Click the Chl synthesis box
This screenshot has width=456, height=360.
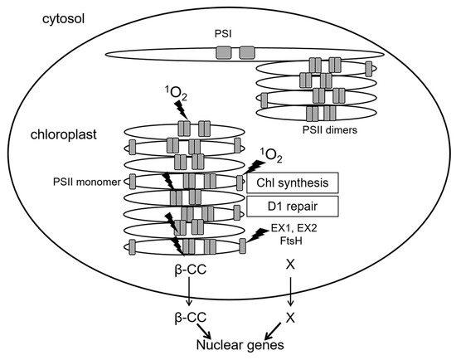(x=293, y=182)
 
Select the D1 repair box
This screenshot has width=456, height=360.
(x=293, y=205)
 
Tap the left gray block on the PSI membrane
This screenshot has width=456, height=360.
(x=224, y=53)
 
